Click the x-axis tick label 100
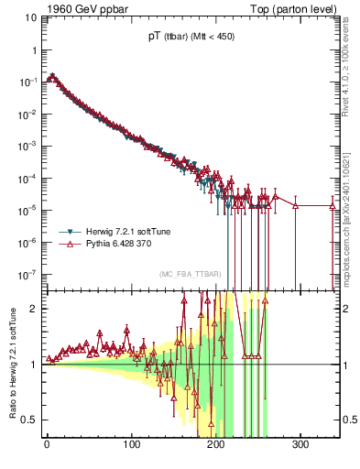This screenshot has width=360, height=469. pyautogui.click(x=132, y=446)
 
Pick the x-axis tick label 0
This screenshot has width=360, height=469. pyautogui.click(x=47, y=446)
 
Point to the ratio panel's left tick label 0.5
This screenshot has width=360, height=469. pyautogui.click(x=29, y=420)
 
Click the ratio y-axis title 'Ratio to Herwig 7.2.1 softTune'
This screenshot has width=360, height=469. pyautogui.click(x=11, y=364)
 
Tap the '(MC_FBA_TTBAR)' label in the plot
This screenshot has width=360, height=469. pyautogui.click(x=188, y=275)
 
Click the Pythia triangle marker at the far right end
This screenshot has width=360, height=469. pyautogui.click(x=333, y=206)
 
